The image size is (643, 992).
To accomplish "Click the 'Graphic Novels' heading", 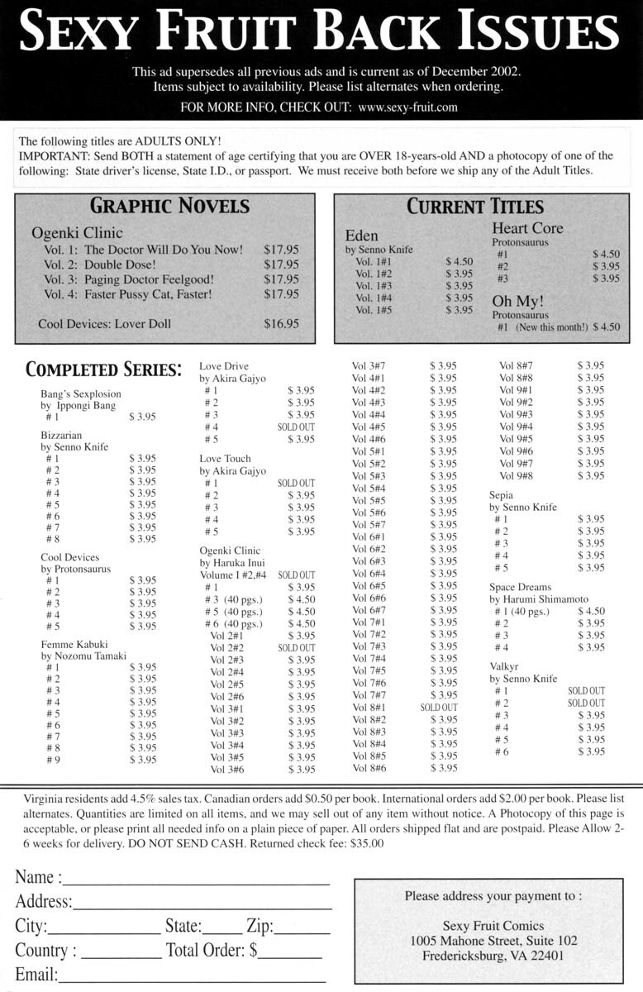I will (x=169, y=205).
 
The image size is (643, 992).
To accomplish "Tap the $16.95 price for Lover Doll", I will (x=282, y=324).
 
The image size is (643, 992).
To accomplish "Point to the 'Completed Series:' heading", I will (x=103, y=370).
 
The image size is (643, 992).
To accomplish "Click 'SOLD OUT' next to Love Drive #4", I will (x=296, y=427).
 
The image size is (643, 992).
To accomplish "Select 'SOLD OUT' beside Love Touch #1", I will (x=296, y=483).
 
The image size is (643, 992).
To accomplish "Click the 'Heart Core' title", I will (x=527, y=228).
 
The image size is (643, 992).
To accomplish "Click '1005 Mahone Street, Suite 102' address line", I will (x=493, y=941).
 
